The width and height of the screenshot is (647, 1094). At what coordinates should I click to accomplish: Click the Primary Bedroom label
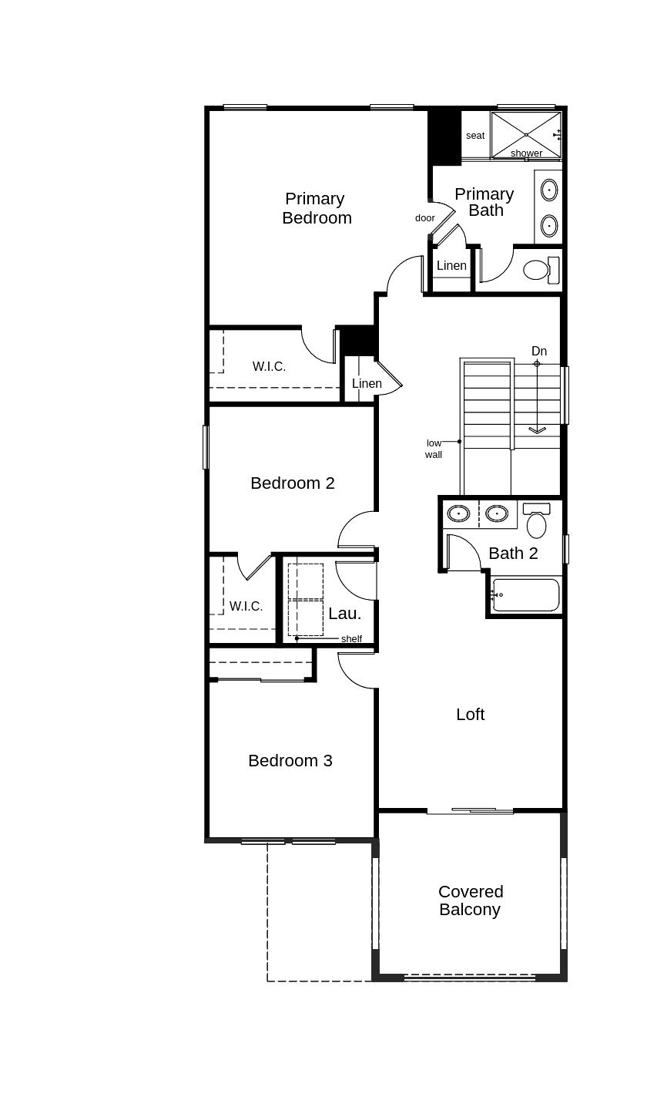click(317, 208)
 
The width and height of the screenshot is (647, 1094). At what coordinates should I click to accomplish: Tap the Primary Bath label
click(484, 202)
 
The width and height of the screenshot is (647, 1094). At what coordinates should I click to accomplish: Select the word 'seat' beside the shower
click(475, 136)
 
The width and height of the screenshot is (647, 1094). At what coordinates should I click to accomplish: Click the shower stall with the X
click(526, 134)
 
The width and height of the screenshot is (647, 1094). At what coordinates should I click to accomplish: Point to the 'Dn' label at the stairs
click(539, 352)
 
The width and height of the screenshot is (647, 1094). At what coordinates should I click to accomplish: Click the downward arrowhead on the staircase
click(537, 430)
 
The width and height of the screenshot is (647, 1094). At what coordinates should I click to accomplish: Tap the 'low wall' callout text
click(434, 449)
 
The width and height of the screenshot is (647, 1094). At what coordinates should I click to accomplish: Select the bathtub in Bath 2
click(526, 595)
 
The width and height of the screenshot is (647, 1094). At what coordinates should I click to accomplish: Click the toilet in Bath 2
click(537, 522)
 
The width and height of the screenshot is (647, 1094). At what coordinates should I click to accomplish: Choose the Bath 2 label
click(513, 554)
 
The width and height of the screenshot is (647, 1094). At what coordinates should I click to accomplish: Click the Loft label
click(470, 715)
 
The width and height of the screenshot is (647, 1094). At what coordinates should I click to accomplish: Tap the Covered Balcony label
click(471, 900)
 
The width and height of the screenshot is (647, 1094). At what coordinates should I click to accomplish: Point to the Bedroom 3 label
click(290, 761)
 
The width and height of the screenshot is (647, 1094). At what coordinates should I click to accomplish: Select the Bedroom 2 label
click(293, 483)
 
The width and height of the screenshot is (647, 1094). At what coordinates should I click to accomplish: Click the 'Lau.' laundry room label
click(344, 614)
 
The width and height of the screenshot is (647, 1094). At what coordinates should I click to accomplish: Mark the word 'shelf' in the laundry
click(351, 639)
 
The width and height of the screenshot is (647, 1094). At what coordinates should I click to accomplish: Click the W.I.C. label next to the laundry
click(246, 607)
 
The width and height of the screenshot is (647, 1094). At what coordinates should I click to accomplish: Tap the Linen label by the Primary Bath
click(451, 266)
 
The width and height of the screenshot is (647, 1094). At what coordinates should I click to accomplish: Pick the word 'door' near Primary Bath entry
click(425, 218)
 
